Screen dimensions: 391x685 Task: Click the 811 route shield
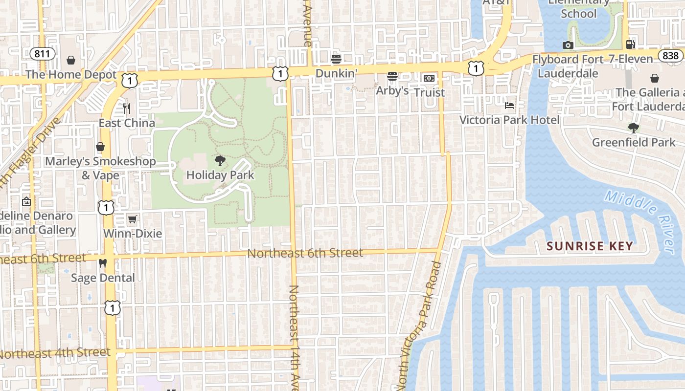pos(43,54)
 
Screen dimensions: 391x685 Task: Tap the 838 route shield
pos(670,55)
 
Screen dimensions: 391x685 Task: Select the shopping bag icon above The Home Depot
pos(71,60)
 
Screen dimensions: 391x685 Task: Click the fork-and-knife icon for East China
pos(127,108)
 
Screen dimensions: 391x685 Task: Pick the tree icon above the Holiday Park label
pos(220,160)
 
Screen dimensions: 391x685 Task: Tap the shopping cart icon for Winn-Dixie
pos(132,219)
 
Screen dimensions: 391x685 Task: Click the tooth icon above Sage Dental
pos(103,263)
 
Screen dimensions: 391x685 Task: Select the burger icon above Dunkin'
pos(336,59)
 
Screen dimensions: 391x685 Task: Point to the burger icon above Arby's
pos(392,76)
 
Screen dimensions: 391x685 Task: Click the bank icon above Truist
pos(429,78)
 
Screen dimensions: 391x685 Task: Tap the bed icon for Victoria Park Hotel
pos(509,106)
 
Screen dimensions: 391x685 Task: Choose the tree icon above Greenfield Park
pos(634,128)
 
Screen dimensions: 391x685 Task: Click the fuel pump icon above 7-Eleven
pos(631,44)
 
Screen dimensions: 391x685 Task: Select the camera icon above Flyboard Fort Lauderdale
pos(568,45)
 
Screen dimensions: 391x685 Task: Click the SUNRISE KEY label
pos(590,246)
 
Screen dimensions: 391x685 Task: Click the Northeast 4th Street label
pos(55,353)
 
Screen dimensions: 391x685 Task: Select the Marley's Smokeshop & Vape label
pos(100,168)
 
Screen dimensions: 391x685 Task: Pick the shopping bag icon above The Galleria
pos(654,78)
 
